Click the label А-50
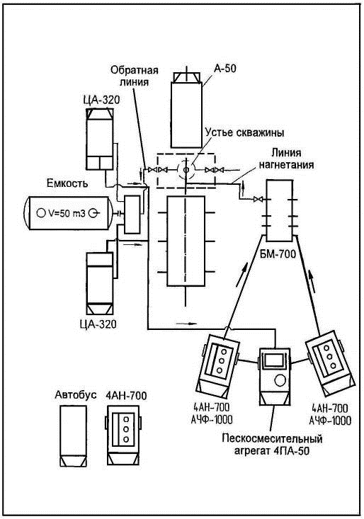pyautogui.click(x=224, y=69)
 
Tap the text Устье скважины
pyautogui.click(x=244, y=132)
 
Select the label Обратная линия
pyautogui.click(x=135, y=76)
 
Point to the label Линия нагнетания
pyautogui.click(x=286, y=159)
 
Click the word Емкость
pyautogui.click(x=67, y=183)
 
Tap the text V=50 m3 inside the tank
pyautogui.click(x=67, y=214)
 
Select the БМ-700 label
pyautogui.click(x=277, y=254)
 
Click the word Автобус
pyautogui.click(x=76, y=394)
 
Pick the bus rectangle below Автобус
pyautogui.click(x=73, y=436)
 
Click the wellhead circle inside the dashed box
pyautogui.click(x=186, y=170)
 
